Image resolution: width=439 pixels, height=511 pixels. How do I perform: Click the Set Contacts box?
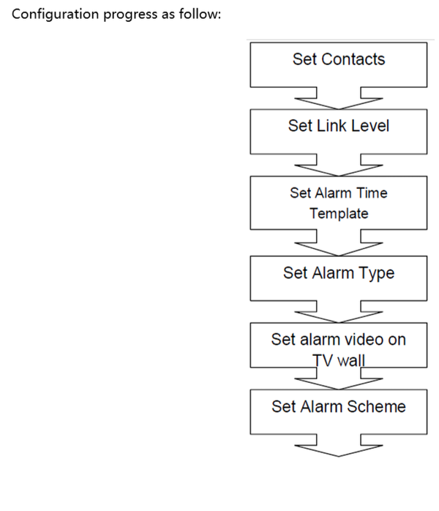[339, 64]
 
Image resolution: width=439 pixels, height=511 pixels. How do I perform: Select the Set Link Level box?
[339, 131]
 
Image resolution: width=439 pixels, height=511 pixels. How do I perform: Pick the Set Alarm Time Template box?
[339, 203]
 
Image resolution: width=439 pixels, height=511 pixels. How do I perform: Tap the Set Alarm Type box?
[339, 277]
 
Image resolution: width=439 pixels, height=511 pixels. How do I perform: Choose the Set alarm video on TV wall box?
[339, 344]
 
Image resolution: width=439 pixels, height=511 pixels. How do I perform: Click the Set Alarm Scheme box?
[339, 412]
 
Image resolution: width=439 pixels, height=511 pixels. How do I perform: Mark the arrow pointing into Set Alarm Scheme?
[339, 378]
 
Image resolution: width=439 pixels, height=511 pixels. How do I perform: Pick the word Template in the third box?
[339, 214]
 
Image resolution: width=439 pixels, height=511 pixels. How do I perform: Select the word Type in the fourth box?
[378, 273]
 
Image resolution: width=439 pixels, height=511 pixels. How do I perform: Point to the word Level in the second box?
[371, 125]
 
